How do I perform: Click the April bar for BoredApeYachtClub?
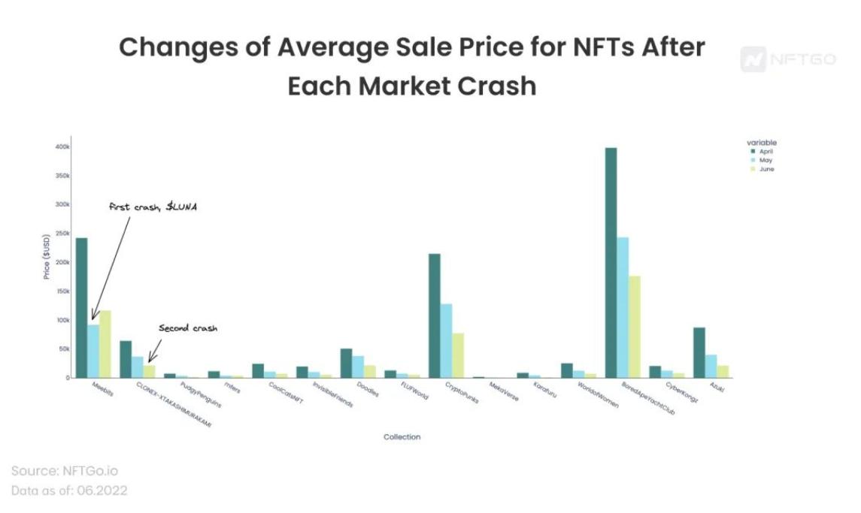click(611, 263)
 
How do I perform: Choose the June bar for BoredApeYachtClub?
click(635, 327)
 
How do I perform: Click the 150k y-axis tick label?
click(62, 291)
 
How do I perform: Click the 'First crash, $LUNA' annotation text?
click(153, 207)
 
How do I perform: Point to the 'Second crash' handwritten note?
click(187, 328)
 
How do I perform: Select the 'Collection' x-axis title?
click(402, 437)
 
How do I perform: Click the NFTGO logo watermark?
click(787, 59)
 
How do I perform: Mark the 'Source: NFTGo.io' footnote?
click(65, 471)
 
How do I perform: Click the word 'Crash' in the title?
click(493, 86)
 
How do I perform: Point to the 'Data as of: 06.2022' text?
click(69, 490)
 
